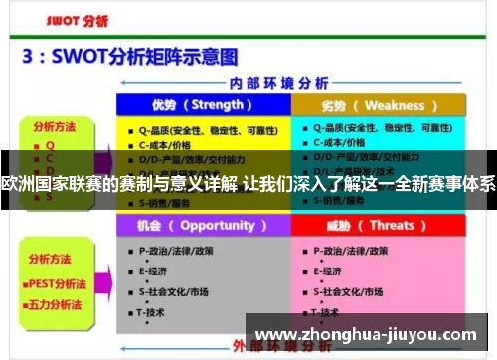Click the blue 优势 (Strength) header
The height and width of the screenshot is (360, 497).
(x=202, y=105)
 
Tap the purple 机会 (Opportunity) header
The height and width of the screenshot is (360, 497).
(x=202, y=225)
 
